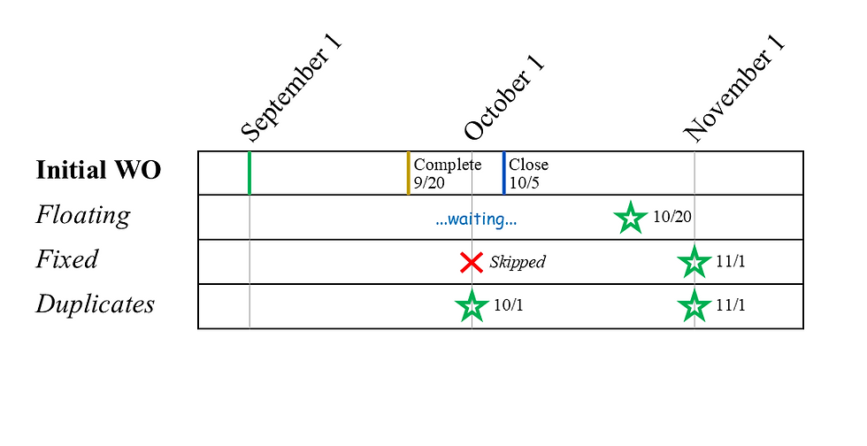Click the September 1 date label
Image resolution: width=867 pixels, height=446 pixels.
[290, 90]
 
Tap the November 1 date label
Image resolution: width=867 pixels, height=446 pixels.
[733, 90]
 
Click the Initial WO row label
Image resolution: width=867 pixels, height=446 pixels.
[98, 170]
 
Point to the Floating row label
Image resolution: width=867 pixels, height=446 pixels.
[82, 215]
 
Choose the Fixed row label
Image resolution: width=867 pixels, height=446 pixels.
[66, 259]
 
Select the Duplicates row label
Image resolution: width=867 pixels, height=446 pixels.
[95, 304]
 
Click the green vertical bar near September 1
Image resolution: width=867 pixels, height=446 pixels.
[249, 173]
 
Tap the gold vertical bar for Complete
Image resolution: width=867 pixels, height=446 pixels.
[408, 173]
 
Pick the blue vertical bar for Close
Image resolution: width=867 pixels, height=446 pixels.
[503, 173]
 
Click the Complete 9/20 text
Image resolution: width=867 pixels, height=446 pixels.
[447, 173]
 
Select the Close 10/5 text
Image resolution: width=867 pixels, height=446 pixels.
[528, 173]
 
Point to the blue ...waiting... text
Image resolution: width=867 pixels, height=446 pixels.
[476, 219]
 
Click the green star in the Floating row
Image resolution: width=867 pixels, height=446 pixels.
[630, 217]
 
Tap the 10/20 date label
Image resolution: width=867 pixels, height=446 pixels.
[671, 217]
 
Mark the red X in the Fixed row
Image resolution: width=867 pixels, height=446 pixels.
[472, 262]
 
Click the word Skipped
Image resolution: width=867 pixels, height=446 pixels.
[518, 262]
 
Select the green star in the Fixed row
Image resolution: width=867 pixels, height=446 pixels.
[694, 262]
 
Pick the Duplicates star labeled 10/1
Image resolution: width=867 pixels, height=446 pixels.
[472, 306]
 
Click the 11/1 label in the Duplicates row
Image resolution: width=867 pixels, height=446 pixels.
[731, 306]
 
